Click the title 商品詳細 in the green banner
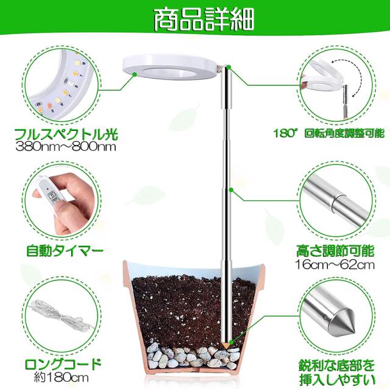coord(204,20)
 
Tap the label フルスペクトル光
coord(66,135)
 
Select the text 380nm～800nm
coord(66,147)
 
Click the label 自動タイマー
coord(65,251)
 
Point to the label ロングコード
coord(63,365)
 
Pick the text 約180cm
coord(62,377)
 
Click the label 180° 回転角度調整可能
coord(329,134)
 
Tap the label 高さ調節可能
coord(335,251)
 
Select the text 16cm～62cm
coord(335,265)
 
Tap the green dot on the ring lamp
coord(135,74)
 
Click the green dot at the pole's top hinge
coord(229,66)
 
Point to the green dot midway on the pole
coord(231,190)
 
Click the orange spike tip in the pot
coord(226,345)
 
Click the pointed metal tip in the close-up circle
coord(341,318)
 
